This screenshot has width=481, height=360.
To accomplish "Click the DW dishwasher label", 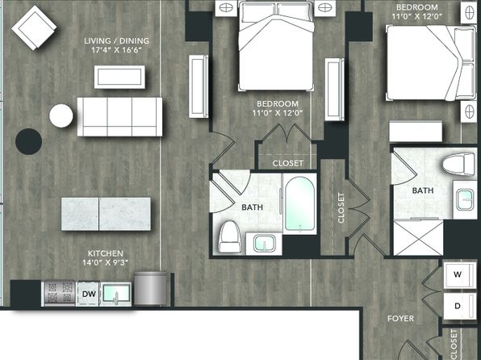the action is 89,294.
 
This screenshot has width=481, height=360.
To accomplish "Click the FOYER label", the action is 400,319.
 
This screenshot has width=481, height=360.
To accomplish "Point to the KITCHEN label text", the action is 106,253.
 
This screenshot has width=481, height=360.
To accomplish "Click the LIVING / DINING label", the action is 116,41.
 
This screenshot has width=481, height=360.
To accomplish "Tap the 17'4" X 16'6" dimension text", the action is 116,50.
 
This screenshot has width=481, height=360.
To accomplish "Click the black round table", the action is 28,141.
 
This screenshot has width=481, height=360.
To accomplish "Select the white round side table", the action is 61,115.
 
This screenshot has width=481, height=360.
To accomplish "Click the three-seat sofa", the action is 119,116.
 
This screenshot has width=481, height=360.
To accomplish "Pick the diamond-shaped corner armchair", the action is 34,27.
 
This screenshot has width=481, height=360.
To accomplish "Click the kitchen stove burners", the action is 59,294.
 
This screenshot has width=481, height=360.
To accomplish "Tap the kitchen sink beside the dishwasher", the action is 116,294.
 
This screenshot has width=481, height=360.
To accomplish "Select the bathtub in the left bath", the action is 299,203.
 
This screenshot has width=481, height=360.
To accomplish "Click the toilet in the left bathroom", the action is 230,236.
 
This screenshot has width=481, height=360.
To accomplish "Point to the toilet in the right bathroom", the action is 459,165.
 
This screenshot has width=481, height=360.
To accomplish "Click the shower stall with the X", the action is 418,238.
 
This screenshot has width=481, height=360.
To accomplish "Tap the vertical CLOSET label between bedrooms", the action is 341,207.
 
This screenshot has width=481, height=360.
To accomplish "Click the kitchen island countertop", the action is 106,214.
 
